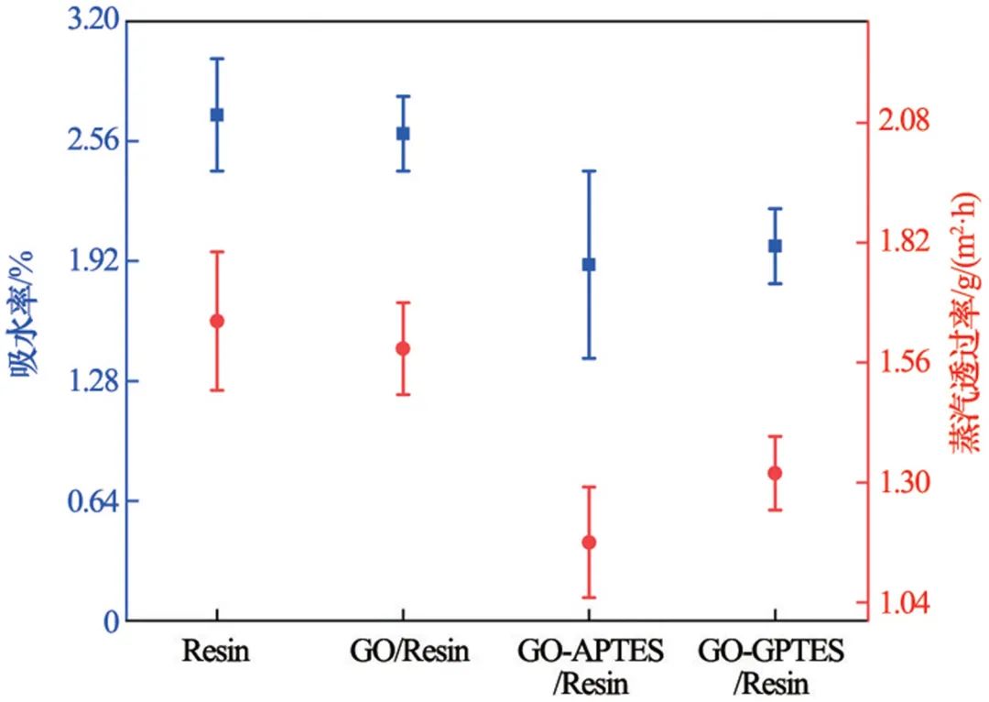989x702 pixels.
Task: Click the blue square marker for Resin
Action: coord(217,115)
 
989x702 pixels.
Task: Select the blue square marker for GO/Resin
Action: coord(403,133)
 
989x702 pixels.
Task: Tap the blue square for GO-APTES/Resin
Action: coord(589,264)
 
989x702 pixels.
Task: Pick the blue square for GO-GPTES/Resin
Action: coord(775,246)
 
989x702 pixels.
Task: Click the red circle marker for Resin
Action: coord(217,321)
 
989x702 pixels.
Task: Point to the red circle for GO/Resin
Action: coord(403,348)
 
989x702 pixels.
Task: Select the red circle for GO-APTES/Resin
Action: coord(589,542)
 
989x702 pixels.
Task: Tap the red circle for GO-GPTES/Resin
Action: coord(775,473)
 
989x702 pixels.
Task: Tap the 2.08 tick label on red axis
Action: coord(899,122)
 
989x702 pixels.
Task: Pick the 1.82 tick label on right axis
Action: coord(899,243)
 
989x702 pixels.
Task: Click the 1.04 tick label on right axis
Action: coord(899,604)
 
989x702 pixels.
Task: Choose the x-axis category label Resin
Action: coord(217,652)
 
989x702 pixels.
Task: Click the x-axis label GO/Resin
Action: coord(409,652)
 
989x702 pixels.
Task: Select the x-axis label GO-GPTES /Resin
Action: coord(771,667)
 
